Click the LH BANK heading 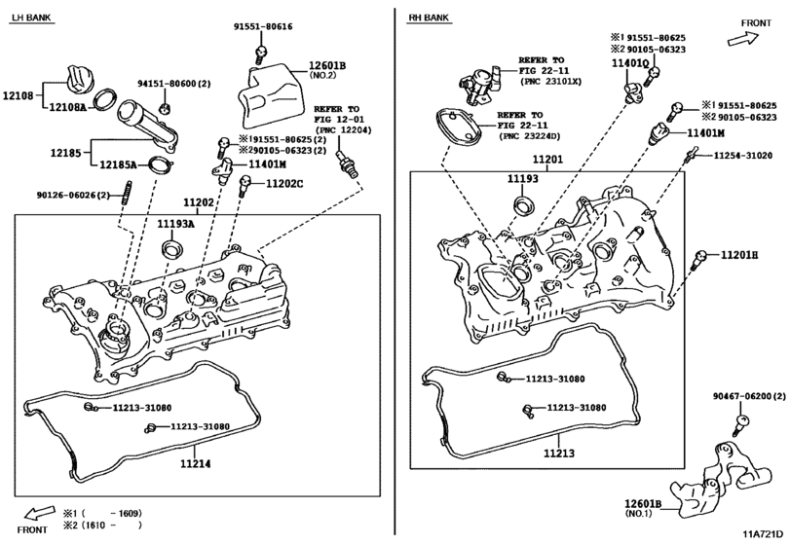pyautogui.click(x=32, y=18)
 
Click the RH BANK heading pyautogui.click(x=429, y=18)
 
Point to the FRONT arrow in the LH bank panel pyautogui.click(x=40, y=513)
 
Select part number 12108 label pyautogui.click(x=19, y=95)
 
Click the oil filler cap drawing pyautogui.click(x=80, y=78)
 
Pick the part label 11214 pyautogui.click(x=196, y=463)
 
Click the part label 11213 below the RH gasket pyautogui.click(x=559, y=454)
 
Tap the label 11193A pyautogui.click(x=175, y=224)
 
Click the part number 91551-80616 pyautogui.click(x=263, y=26)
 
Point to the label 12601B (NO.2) pyautogui.click(x=327, y=70)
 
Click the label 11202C pyautogui.click(x=284, y=184)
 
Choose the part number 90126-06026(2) pyautogui.click(x=73, y=195)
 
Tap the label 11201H pyautogui.click(x=739, y=255)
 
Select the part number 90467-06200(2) pyautogui.click(x=749, y=396)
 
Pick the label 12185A pyautogui.click(x=118, y=164)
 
